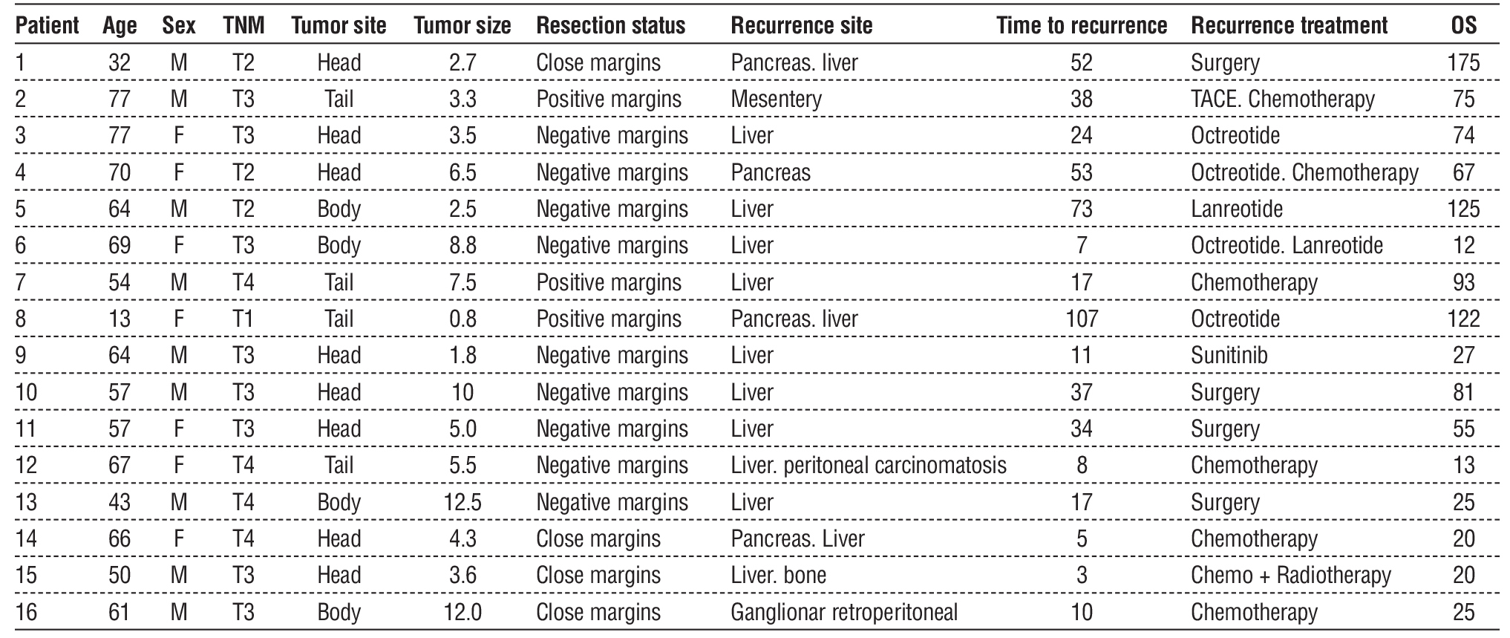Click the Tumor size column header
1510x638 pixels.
pos(462,26)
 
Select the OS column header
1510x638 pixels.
pos(1463,26)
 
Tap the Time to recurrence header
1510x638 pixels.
pos(1081,26)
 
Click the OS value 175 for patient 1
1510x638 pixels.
pos(1463,62)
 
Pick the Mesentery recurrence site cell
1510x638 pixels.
pos(776,99)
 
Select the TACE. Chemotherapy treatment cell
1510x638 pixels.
pos(1282,99)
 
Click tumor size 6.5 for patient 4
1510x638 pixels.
pos(462,172)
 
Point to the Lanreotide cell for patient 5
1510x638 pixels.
pos(1236,209)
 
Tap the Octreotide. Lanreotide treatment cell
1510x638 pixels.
pos(1287,246)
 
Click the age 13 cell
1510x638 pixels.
pos(119,319)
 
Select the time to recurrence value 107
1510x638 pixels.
pos(1081,319)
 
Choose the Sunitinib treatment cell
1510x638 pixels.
pos(1229,355)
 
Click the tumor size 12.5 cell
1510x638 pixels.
pos(462,502)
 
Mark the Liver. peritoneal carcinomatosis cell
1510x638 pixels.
pos(868,466)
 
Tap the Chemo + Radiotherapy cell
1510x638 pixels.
pos(1290,576)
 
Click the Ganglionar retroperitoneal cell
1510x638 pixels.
pos(843,612)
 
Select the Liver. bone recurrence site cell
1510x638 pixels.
pos(778,576)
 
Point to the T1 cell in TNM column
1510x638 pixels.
pos(243,319)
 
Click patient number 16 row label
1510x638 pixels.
pos(26,612)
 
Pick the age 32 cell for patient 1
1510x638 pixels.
pos(119,62)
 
